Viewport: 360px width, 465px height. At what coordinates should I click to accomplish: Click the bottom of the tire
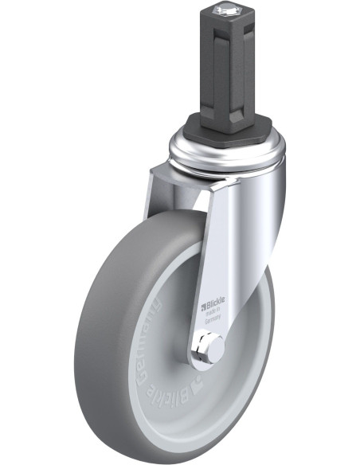point(159,446)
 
